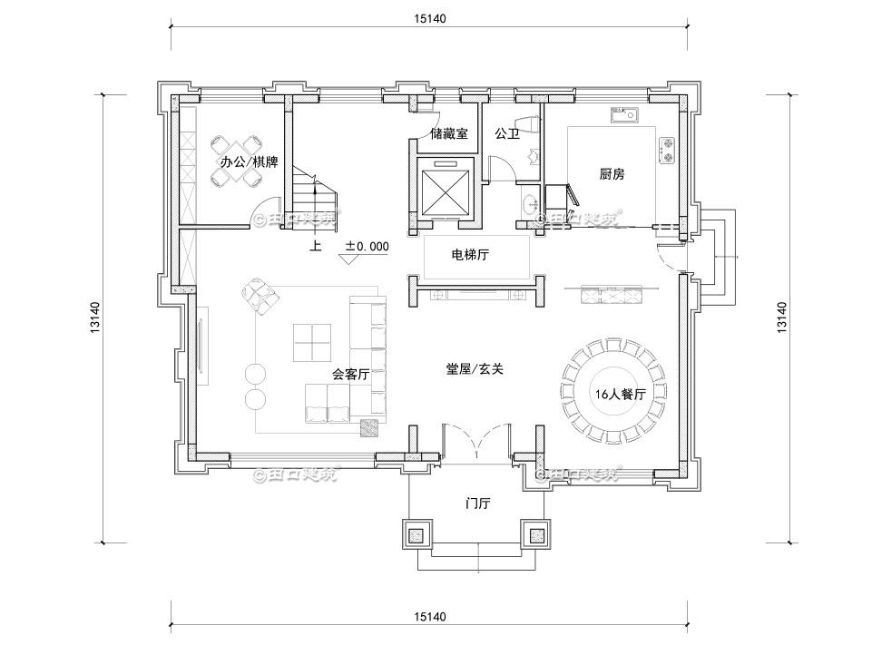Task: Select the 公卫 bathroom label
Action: click(506, 133)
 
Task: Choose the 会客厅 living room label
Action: click(350, 374)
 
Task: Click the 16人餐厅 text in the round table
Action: click(620, 395)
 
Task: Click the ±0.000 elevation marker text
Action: click(367, 246)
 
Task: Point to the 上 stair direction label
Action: click(315, 246)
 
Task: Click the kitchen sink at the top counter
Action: click(624, 114)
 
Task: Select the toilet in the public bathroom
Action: click(524, 124)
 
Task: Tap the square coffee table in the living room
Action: click(310, 343)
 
